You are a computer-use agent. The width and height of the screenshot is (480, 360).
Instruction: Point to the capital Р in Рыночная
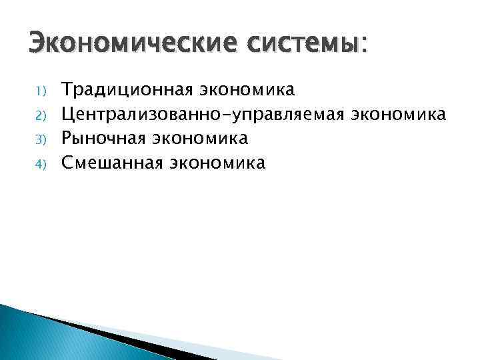coord(67,138)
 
